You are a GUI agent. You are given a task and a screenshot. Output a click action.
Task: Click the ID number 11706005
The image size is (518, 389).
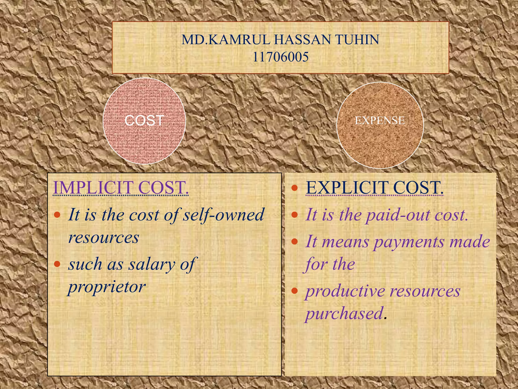(280, 57)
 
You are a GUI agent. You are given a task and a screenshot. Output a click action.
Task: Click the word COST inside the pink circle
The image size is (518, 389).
(144, 121)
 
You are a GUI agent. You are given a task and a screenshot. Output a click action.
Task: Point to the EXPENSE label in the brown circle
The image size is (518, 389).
(380, 121)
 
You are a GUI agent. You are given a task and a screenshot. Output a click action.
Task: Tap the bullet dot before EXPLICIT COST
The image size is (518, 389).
(294, 188)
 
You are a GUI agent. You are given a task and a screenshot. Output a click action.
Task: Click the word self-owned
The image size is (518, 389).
(223, 215)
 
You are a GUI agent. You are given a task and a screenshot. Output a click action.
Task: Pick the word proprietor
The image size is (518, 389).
(107, 287)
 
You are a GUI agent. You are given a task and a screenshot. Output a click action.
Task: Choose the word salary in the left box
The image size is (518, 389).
(152, 264)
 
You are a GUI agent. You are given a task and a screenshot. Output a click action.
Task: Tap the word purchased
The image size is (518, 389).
(344, 313)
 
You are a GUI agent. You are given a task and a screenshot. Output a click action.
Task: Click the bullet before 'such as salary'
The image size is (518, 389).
(57, 264)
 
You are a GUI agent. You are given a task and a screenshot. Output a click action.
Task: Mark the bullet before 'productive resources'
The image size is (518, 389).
(294, 291)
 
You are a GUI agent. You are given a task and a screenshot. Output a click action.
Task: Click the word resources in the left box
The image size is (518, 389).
(104, 238)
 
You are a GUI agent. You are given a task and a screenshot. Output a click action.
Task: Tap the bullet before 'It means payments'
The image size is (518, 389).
(294, 242)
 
